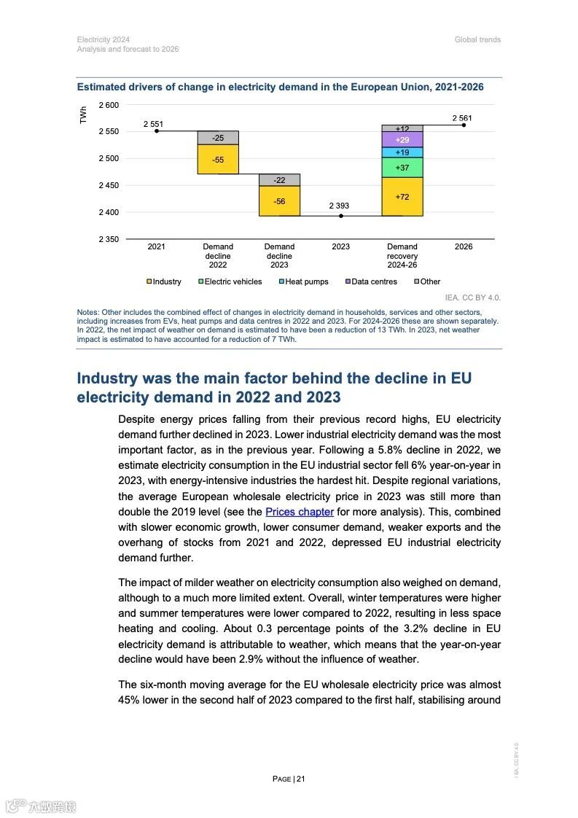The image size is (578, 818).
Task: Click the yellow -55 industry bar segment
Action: coord(218,159)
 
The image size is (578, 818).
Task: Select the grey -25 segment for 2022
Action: coord(218,138)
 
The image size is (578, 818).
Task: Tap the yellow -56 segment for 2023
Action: coord(279,200)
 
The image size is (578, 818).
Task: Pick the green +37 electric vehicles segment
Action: coord(402,168)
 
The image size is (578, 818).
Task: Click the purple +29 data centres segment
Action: coord(402,139)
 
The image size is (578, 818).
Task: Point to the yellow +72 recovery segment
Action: coord(402,197)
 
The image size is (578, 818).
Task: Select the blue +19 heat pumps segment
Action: coord(402,152)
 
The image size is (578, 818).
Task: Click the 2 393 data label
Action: coord(338,206)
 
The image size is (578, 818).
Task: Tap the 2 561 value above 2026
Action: coord(462,117)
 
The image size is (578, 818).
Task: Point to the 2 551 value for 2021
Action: coord(153,124)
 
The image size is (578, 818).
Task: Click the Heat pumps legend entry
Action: coord(306,281)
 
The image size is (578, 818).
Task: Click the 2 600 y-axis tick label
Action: coord(108,105)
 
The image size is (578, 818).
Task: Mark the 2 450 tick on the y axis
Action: coord(108,185)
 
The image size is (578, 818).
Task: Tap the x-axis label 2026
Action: coord(464,246)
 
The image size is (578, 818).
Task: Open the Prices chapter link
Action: coord(299,512)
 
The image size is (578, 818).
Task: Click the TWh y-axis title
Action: coord(84,115)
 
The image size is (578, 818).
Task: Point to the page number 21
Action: coord(300,779)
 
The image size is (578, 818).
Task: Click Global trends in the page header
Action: coord(477,39)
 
